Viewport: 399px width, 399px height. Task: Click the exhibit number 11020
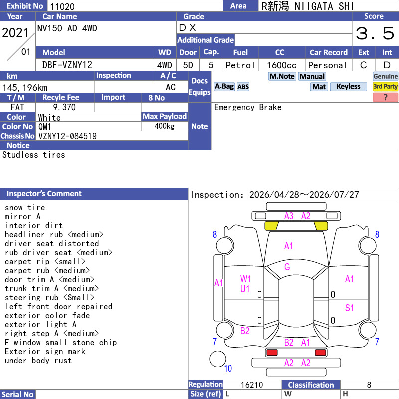pos(62,6)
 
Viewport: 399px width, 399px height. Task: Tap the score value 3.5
pos(375,33)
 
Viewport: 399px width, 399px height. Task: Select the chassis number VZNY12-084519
pos(67,136)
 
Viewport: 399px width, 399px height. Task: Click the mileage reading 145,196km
pos(25,88)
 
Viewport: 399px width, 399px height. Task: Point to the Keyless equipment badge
pos(348,87)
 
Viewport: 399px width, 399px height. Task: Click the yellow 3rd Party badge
pos(385,87)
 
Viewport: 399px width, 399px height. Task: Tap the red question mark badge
pos(385,97)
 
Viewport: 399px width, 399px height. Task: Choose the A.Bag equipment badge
pos(224,87)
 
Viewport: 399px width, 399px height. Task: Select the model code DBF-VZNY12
pos(67,65)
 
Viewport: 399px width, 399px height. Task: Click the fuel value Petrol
pos(240,65)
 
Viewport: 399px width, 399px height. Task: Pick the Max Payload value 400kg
pos(165,126)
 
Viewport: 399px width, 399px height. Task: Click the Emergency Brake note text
pos(248,107)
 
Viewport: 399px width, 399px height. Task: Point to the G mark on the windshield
pos(287,267)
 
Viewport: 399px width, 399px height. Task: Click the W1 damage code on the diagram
pos(245,279)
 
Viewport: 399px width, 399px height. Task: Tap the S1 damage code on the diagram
pos(350,308)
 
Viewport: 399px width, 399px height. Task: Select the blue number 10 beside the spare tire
pos(228,368)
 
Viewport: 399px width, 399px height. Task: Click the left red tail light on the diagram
pos(272,353)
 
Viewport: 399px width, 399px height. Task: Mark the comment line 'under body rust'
pos(38,361)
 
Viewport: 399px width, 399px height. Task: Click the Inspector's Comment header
pos(44,194)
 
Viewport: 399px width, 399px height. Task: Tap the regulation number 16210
pos(252,385)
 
